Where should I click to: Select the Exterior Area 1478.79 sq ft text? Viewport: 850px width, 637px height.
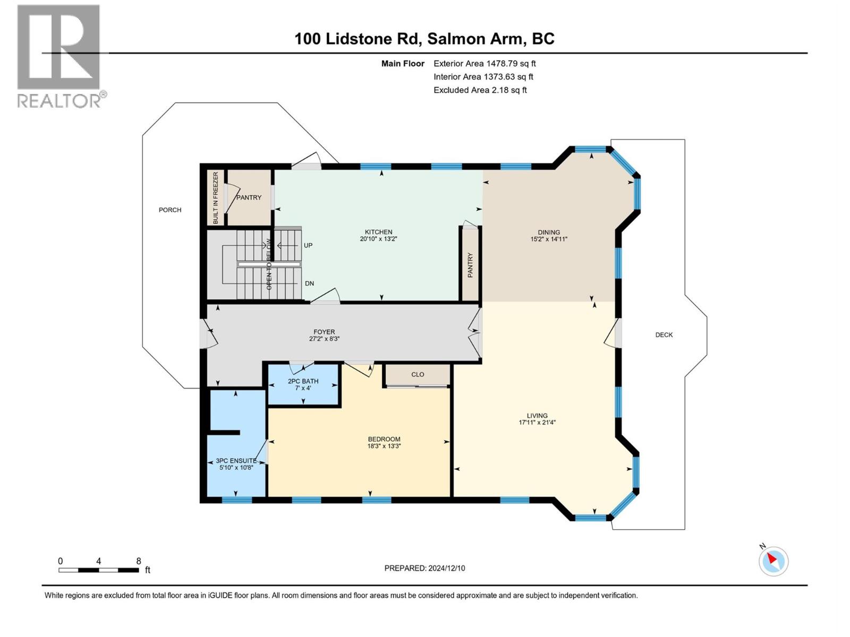[484, 63]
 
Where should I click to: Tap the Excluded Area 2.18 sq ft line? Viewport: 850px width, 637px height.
[480, 90]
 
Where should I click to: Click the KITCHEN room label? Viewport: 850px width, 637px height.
[378, 232]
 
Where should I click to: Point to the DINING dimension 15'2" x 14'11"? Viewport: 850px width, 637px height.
[549, 239]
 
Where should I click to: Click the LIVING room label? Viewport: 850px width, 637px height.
[537, 416]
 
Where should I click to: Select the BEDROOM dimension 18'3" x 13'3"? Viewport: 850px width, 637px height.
[384, 446]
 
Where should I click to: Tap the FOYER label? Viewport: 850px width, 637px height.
[324, 332]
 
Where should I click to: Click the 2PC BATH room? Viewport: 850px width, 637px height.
[303, 384]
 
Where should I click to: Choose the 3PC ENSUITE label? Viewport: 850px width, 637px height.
[236, 461]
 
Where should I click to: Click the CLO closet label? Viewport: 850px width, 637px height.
[418, 374]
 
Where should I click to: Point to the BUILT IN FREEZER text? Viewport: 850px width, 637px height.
[216, 197]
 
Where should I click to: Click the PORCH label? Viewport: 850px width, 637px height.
[170, 210]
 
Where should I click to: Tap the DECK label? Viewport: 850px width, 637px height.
[664, 335]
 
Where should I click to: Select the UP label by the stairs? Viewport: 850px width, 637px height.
[308, 245]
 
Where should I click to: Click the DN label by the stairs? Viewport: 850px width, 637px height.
[309, 283]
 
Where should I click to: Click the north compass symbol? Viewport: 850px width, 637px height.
[773, 561]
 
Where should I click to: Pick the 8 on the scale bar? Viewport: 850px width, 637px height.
[139, 561]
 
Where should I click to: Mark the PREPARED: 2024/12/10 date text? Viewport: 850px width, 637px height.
[424, 568]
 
